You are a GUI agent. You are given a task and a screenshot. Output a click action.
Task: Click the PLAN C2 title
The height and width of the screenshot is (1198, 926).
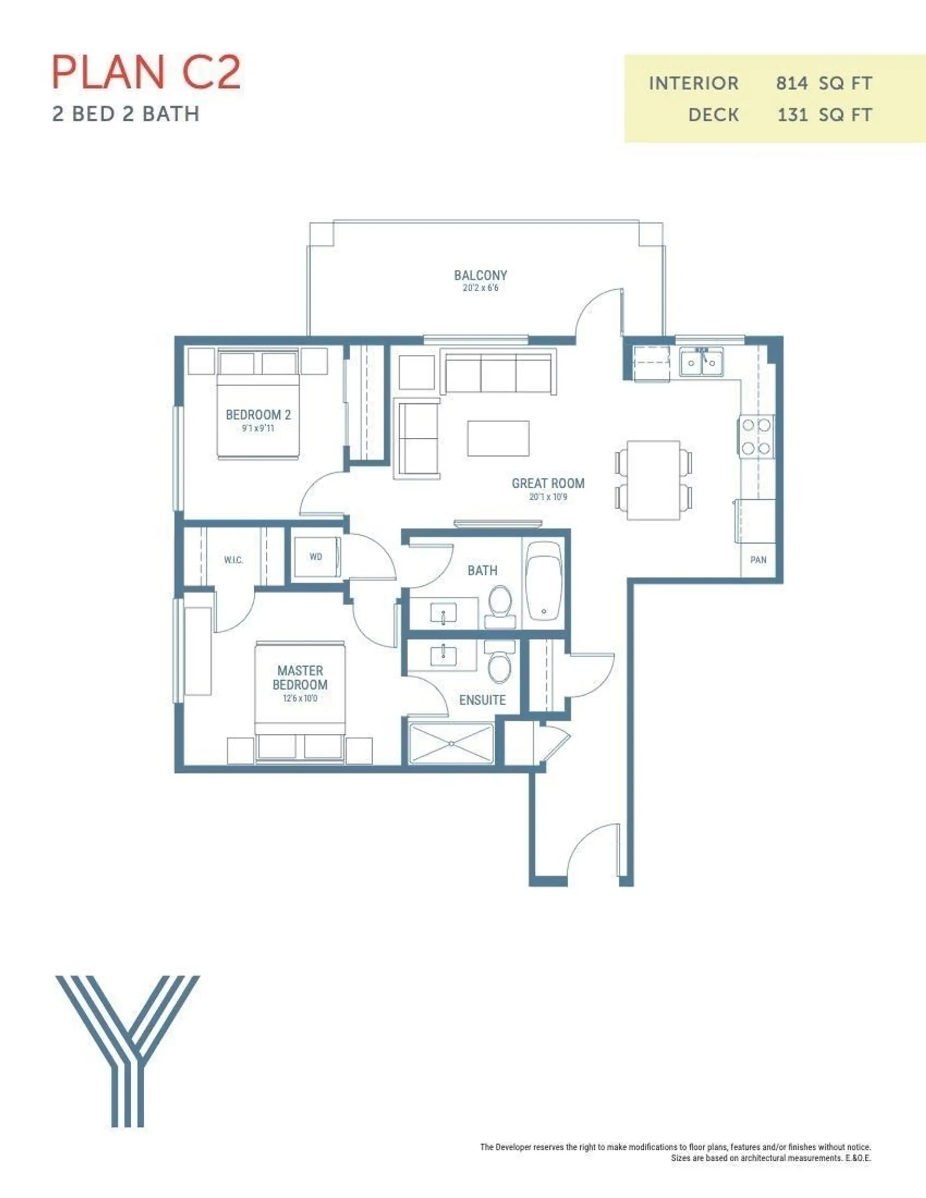click(146, 72)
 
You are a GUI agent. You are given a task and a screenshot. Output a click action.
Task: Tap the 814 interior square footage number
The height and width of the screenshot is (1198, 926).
click(791, 83)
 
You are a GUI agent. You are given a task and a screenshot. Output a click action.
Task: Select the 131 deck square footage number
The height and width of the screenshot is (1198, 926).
click(792, 115)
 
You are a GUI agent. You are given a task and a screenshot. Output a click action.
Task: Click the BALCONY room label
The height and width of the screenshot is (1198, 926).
click(480, 275)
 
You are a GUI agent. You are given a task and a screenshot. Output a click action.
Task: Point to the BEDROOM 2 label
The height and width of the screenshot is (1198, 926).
click(258, 415)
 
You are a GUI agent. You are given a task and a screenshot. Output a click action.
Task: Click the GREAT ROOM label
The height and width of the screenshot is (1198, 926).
click(548, 483)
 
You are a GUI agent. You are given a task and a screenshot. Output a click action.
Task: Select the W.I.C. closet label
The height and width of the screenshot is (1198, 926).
click(233, 560)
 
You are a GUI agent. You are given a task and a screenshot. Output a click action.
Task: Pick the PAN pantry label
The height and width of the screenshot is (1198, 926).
click(758, 560)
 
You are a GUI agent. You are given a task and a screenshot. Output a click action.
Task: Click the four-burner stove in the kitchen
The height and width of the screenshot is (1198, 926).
click(756, 437)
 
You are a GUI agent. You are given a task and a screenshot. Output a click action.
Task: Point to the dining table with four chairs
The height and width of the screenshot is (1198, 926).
click(653, 480)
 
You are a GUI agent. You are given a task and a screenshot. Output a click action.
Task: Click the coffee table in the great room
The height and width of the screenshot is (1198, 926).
click(498, 438)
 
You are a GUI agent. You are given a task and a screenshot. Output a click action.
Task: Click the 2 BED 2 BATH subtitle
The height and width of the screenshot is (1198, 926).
click(126, 114)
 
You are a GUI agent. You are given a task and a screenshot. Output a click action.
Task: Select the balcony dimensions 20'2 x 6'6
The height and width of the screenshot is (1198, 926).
click(480, 288)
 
